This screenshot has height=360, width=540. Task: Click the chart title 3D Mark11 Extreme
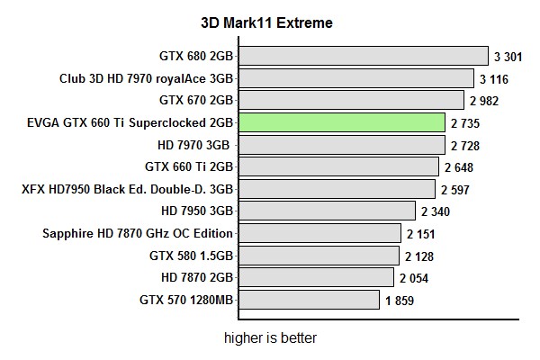[x=266, y=23]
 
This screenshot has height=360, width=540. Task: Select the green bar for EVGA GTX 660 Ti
[x=342, y=122]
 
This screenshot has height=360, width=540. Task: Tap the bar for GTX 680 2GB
[x=364, y=56]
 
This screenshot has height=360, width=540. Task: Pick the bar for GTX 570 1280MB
[x=309, y=300]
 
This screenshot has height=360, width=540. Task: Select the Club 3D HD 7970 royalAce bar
[x=356, y=78]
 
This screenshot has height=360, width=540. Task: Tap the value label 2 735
[x=466, y=123]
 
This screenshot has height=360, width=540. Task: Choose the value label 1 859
[x=400, y=301]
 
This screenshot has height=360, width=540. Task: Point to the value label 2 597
[x=456, y=190]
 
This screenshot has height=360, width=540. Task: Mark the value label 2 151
[x=421, y=234]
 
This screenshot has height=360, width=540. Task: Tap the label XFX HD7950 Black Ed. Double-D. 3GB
[x=127, y=189]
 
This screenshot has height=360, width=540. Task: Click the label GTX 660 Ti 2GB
[x=189, y=166]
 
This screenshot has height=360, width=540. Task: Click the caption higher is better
[x=270, y=339]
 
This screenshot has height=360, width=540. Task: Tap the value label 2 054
[x=416, y=278]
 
